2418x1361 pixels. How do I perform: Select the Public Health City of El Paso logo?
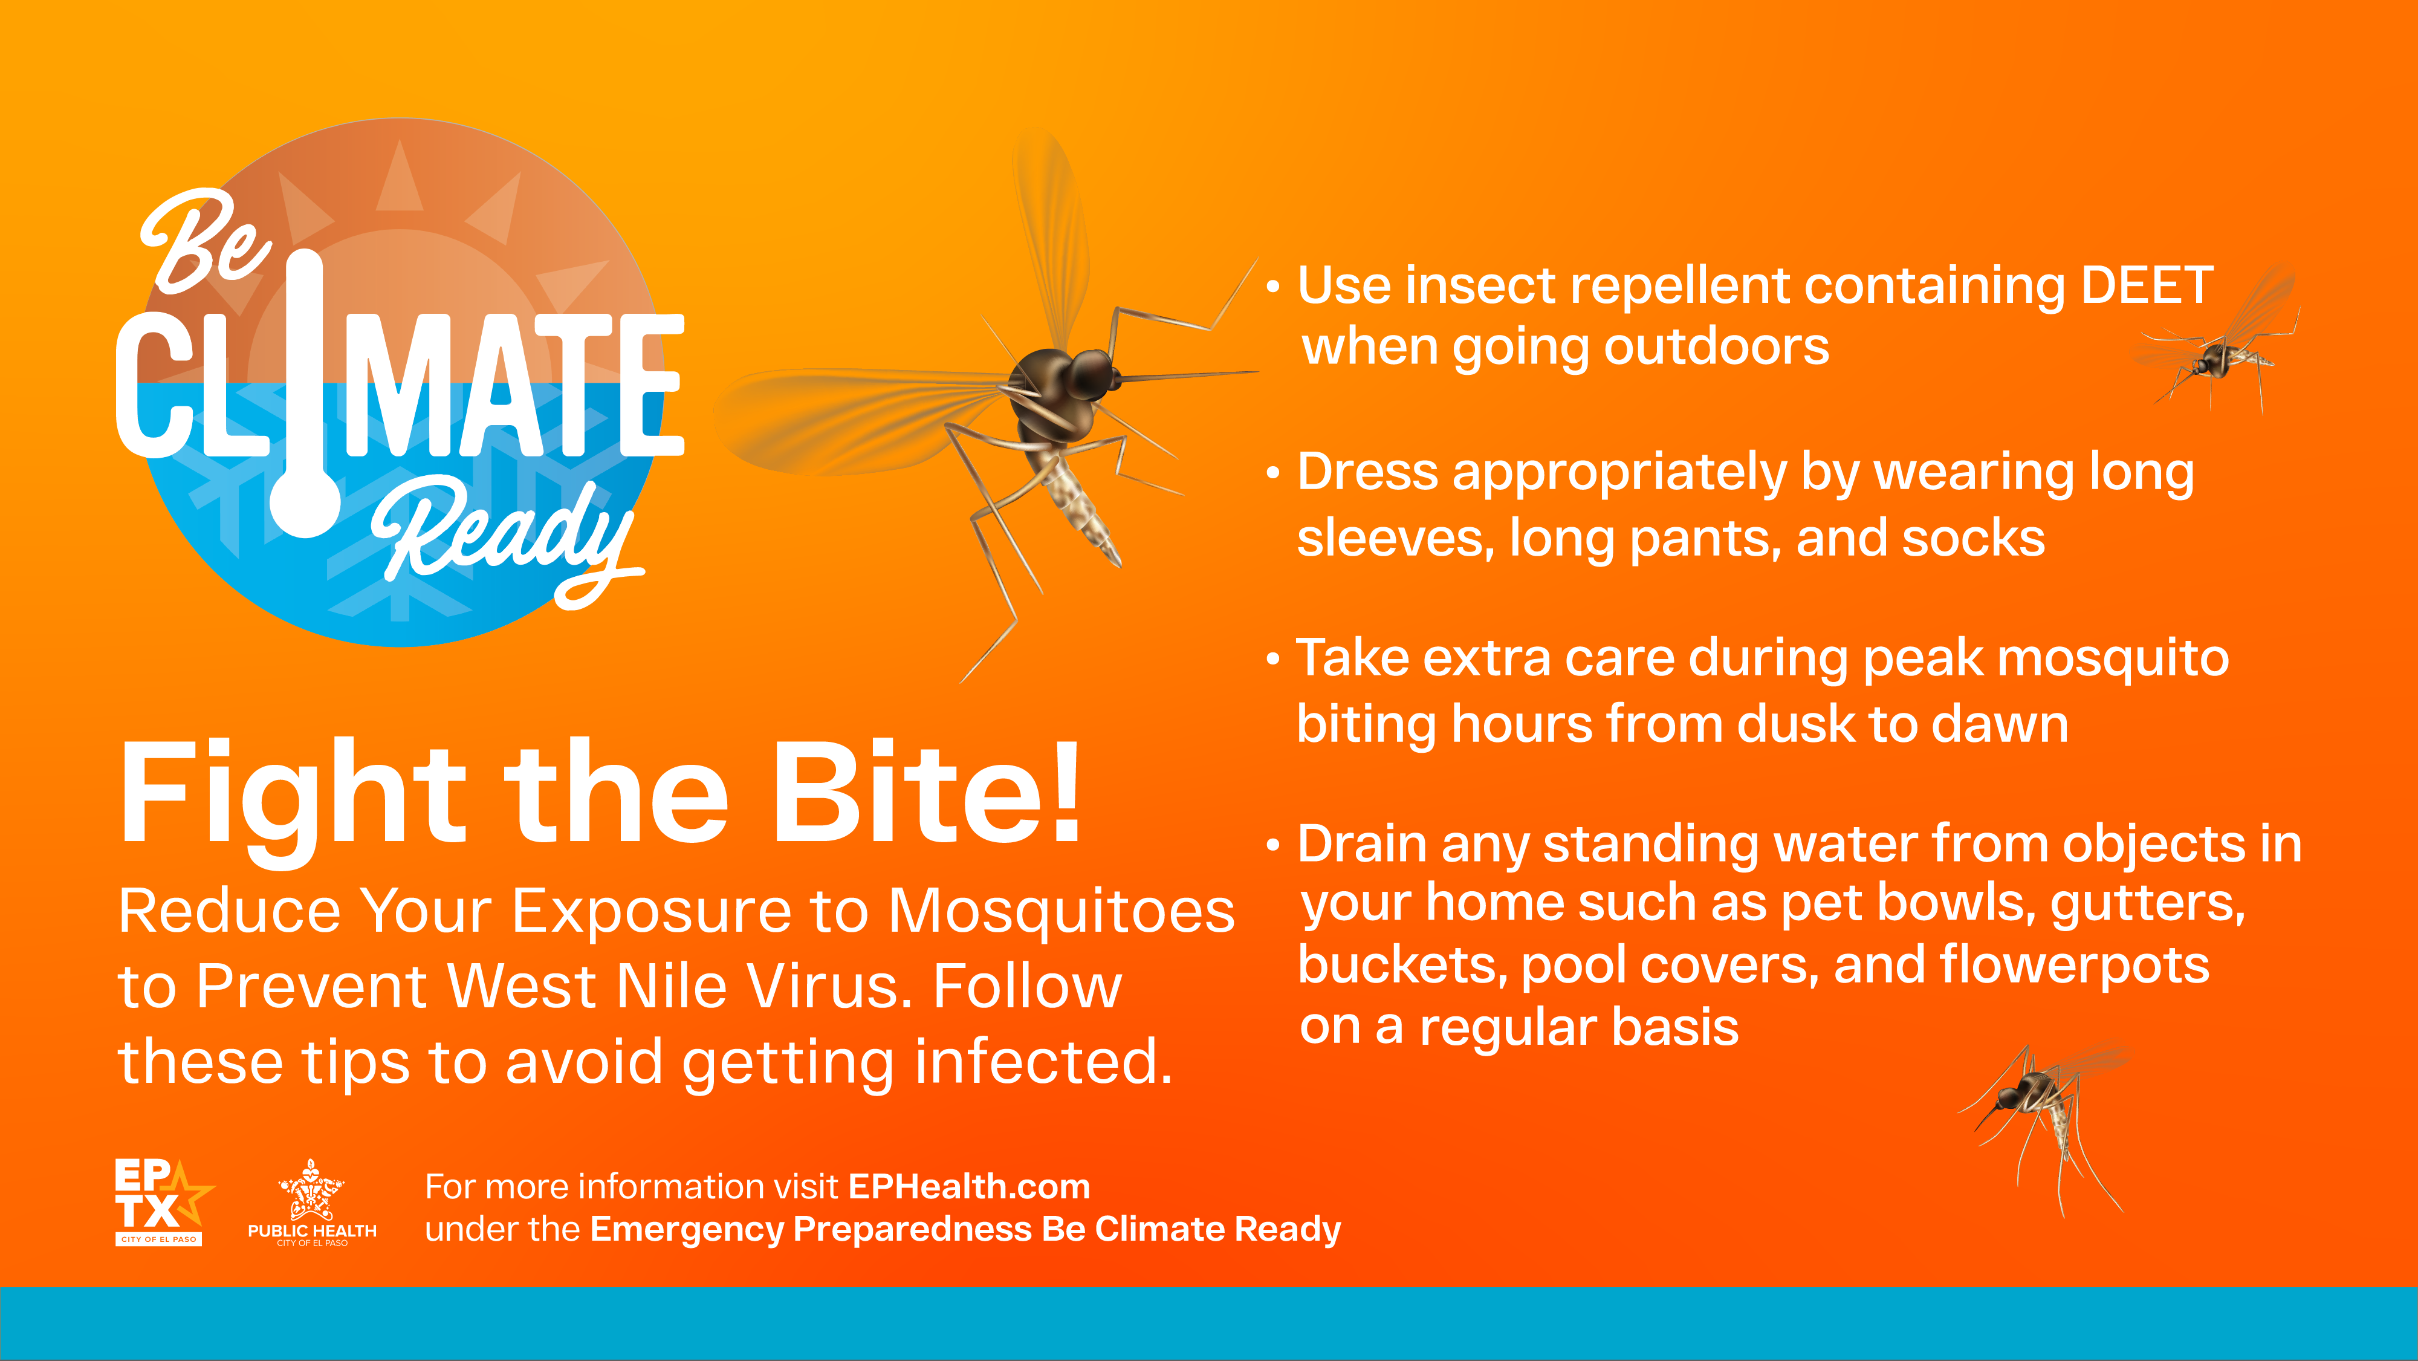(x=312, y=1203)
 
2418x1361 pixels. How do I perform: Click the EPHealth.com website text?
(x=968, y=1187)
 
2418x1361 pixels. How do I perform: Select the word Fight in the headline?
(x=293, y=798)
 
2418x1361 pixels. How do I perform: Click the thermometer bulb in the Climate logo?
(x=306, y=501)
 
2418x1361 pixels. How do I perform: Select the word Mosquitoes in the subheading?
(x=1061, y=913)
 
